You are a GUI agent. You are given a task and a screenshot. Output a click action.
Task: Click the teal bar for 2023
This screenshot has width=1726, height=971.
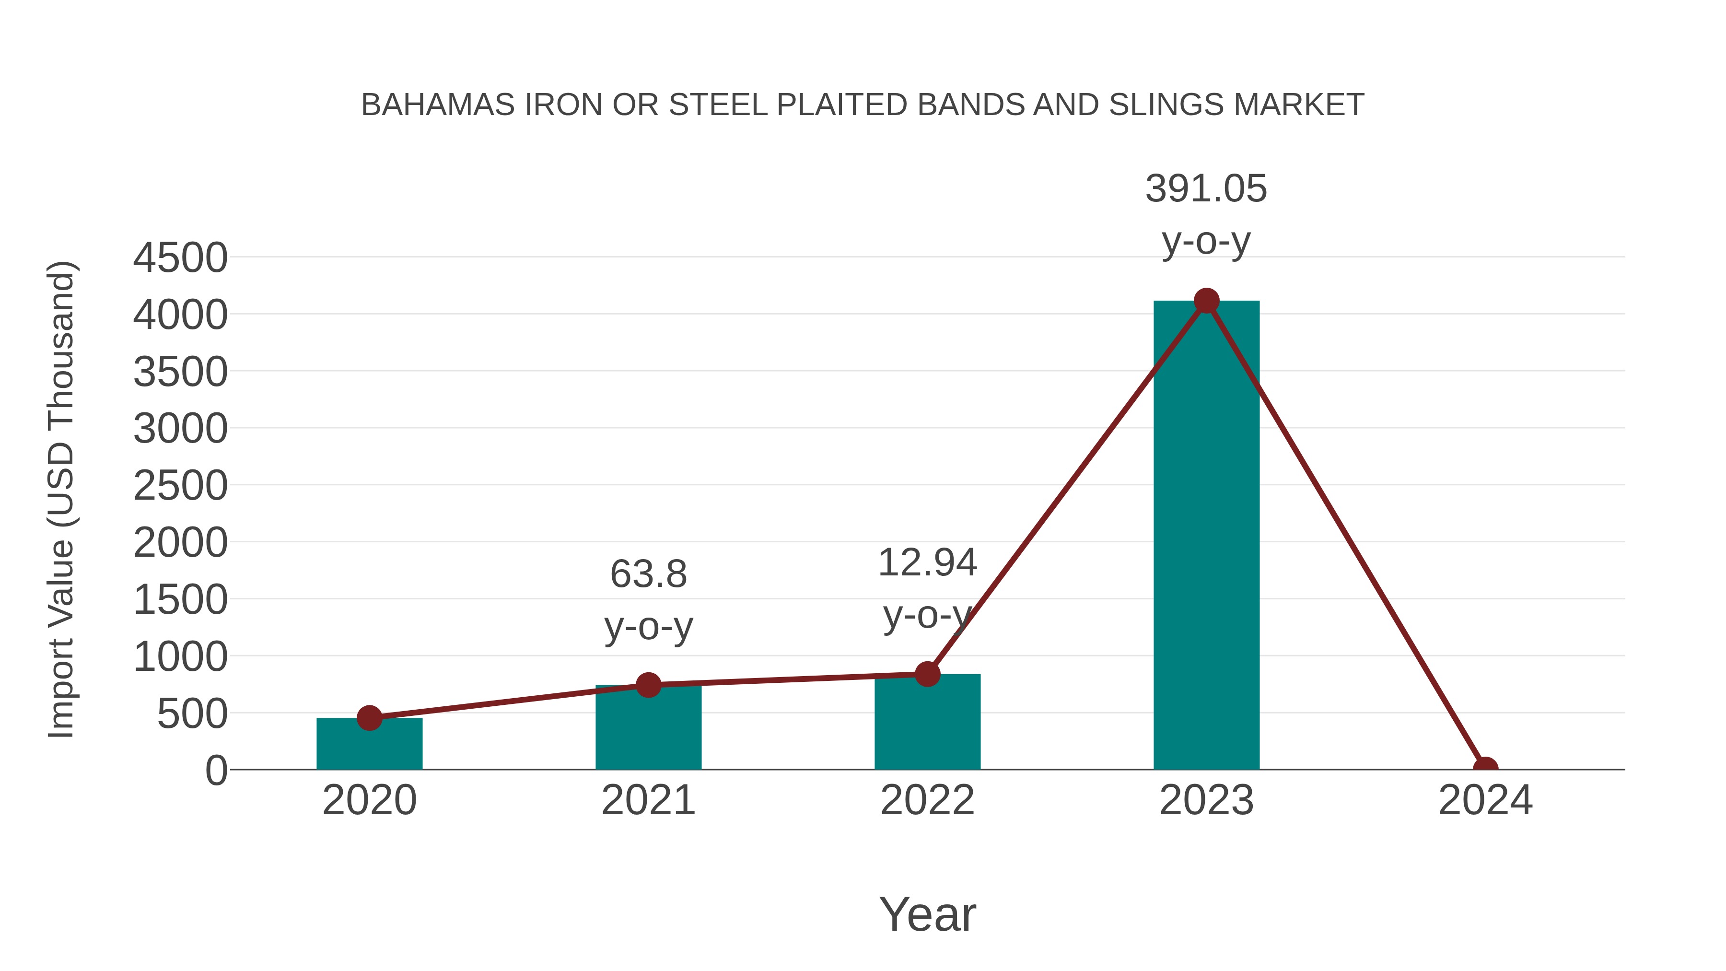pyautogui.click(x=1206, y=536)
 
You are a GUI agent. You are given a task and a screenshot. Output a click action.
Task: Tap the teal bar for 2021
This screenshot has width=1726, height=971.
pyautogui.click(x=648, y=730)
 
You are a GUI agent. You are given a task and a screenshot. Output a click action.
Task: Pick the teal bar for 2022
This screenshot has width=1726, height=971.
pyautogui.click(x=927, y=724)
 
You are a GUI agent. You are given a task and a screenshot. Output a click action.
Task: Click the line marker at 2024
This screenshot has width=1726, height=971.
pyautogui.click(x=1485, y=768)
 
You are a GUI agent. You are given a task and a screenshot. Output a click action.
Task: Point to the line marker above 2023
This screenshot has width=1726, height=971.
pyautogui.click(x=1206, y=301)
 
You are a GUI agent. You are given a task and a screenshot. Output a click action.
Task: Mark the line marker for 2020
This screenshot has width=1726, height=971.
pyautogui.click(x=369, y=718)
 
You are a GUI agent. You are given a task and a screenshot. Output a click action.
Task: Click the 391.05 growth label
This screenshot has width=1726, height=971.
pyautogui.click(x=1206, y=189)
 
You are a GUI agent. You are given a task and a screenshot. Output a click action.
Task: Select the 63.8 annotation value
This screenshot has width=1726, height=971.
pyautogui.click(x=648, y=574)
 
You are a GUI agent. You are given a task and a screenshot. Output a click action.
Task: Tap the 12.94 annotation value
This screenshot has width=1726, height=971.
pyautogui.click(x=927, y=562)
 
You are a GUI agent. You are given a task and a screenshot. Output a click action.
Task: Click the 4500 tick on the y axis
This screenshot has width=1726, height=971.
pyautogui.click(x=180, y=258)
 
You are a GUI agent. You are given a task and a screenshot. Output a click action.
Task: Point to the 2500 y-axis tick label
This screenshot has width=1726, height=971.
pyautogui.click(x=180, y=486)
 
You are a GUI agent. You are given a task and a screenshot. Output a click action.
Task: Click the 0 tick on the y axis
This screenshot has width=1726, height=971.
pyautogui.click(x=216, y=771)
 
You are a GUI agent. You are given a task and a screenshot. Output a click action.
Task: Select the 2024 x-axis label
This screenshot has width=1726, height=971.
pyautogui.click(x=1485, y=800)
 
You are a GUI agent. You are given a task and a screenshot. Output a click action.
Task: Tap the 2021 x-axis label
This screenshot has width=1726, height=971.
pyautogui.click(x=648, y=800)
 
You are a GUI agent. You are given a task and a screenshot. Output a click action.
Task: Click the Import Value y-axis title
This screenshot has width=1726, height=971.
pyautogui.click(x=62, y=499)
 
